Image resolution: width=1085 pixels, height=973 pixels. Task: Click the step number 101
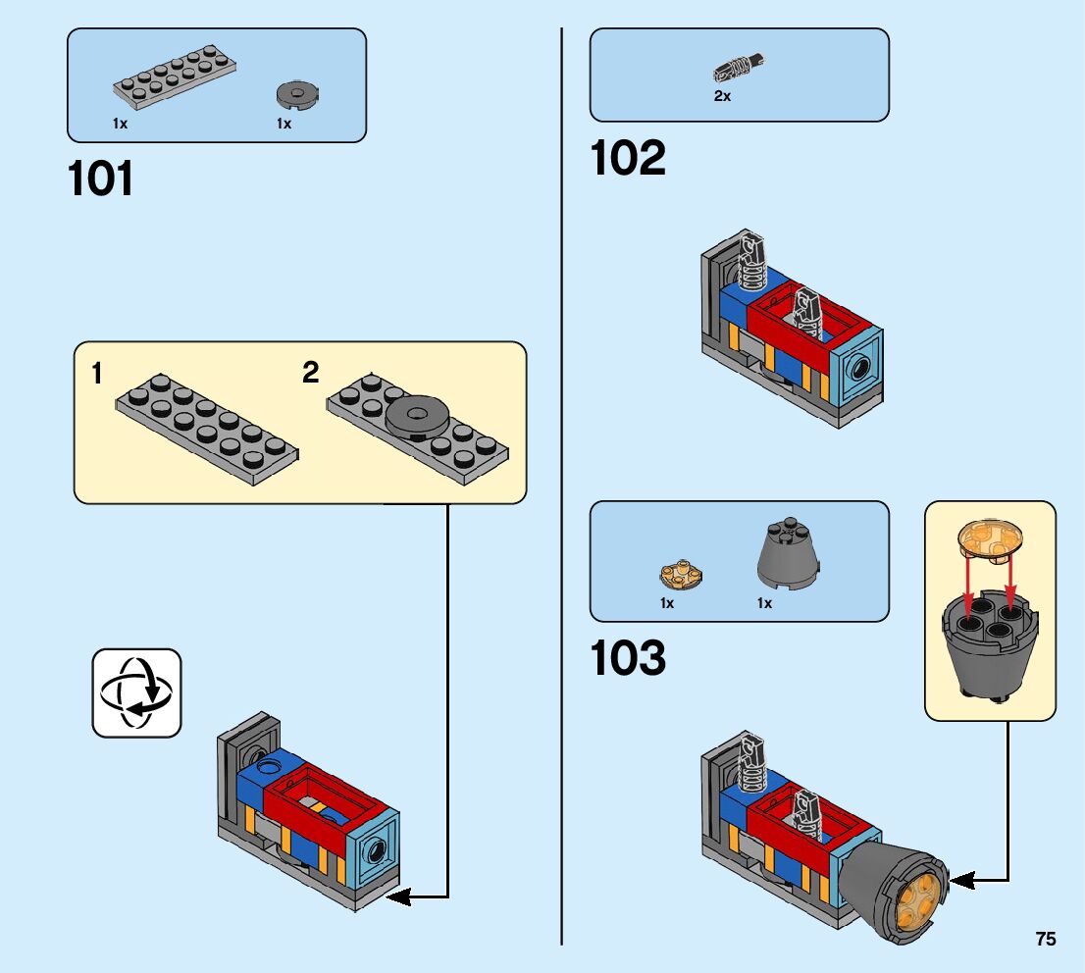tap(100, 180)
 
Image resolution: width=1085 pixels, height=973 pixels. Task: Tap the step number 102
tap(628, 159)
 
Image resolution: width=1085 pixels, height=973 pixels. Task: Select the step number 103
tap(628, 659)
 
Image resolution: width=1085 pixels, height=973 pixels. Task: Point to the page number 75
tap(1046, 939)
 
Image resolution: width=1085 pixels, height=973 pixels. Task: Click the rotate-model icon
tap(136, 692)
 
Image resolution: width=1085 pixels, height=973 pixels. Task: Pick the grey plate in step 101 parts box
tap(176, 80)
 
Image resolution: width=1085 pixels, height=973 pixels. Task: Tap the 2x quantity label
tap(722, 96)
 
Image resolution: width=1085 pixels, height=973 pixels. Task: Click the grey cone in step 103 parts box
tap(789, 554)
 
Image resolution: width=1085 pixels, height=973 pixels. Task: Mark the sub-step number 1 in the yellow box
tap(97, 374)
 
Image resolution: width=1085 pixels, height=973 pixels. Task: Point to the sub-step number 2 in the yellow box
tap(310, 374)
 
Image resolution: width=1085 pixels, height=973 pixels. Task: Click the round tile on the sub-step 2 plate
tap(417, 416)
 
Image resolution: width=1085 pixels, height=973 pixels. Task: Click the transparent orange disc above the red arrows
tap(989, 539)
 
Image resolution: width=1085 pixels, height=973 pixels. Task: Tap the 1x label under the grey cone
tap(764, 603)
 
